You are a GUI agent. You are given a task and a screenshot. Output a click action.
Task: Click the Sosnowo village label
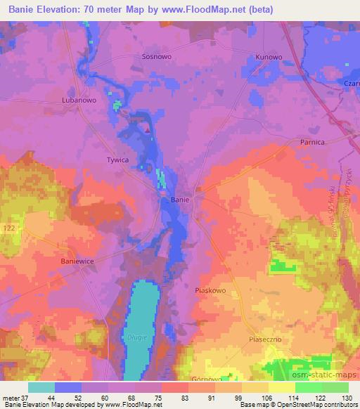pyautogui.click(x=157, y=56)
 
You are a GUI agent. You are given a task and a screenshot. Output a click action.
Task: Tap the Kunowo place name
pyautogui.click(x=268, y=56)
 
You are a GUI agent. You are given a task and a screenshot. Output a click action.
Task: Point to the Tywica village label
pyautogui.click(x=117, y=160)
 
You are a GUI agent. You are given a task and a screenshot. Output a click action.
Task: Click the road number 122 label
pyautogui.click(x=8, y=229)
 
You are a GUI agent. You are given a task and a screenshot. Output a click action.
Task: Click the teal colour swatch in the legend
pyautogui.click(x=42, y=387)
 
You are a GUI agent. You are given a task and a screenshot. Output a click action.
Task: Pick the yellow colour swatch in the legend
pyautogui.click(x=282, y=387)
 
